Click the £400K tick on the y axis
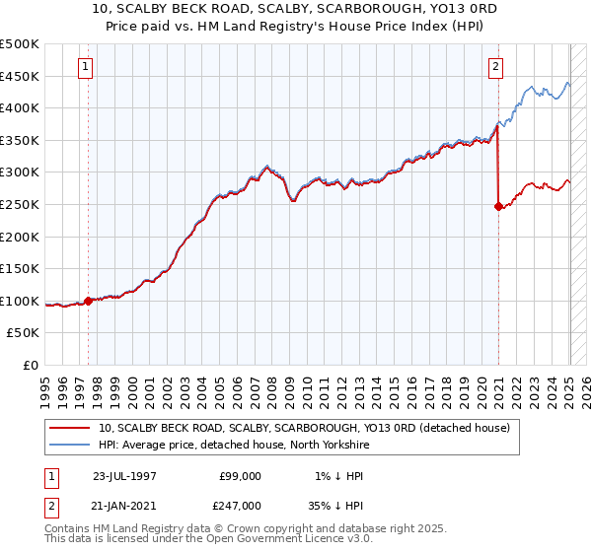(20, 107)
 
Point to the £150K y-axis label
(20, 269)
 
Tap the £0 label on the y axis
(32, 366)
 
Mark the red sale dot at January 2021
(498, 206)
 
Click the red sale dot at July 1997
(89, 302)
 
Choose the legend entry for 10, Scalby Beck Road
(304, 428)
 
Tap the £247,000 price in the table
(240, 504)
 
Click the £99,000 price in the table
(240, 476)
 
